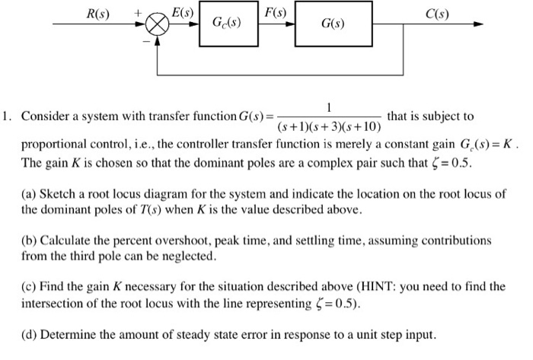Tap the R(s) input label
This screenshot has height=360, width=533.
96,12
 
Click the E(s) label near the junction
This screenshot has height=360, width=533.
183,11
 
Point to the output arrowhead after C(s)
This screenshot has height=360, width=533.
477,24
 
